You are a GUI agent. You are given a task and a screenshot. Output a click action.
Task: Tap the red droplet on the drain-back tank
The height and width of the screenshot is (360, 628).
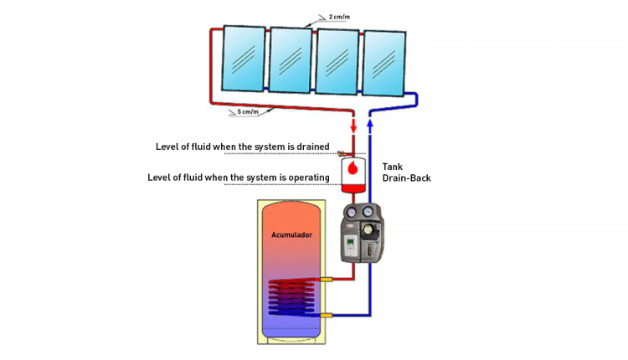(353, 168)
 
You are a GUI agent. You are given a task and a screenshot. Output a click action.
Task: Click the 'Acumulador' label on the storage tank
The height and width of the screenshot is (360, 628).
(291, 235)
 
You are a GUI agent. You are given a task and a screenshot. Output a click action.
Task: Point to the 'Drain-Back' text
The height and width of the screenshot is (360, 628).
(406, 178)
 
